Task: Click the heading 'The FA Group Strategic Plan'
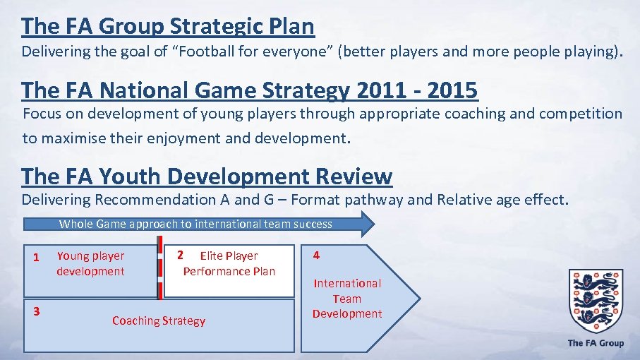pyautogui.click(x=167, y=26)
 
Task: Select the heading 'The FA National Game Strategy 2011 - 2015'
pyautogui.click(x=249, y=90)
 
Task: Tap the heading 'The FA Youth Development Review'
pyautogui.click(x=206, y=176)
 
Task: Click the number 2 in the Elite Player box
pyautogui.click(x=181, y=255)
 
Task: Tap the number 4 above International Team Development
pyautogui.click(x=316, y=256)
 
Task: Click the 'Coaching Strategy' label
pyautogui.click(x=159, y=321)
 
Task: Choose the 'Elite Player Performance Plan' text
pyautogui.click(x=229, y=263)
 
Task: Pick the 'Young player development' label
pyautogui.click(x=90, y=263)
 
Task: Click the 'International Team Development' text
pyautogui.click(x=347, y=299)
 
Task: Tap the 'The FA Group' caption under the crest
pyautogui.click(x=596, y=343)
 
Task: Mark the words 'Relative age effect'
pyautogui.click(x=501, y=200)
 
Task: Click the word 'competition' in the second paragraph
pyautogui.click(x=582, y=114)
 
